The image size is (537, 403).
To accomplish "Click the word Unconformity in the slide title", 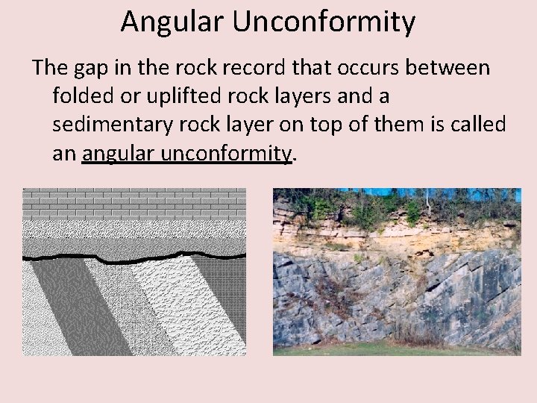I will pos(324,22).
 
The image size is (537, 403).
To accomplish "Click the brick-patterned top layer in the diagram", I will pos(134,201).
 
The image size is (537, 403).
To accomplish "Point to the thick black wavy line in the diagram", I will pos(134,258).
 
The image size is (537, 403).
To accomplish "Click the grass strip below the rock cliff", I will pos(395,350).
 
